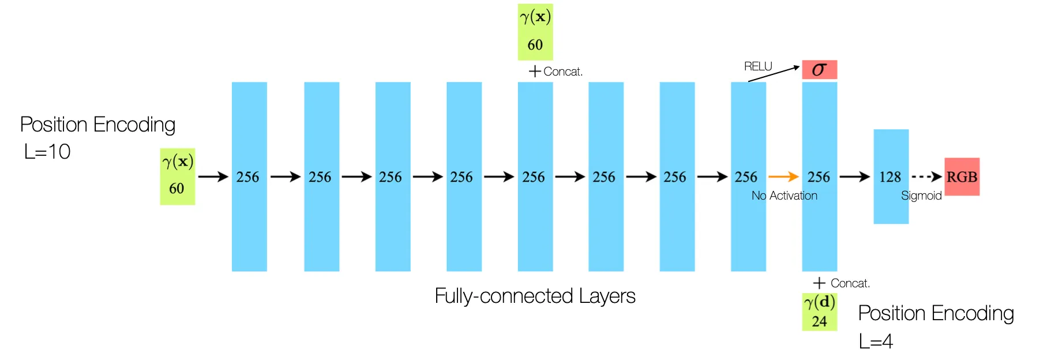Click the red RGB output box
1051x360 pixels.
point(962,177)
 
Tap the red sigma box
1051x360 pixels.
point(819,70)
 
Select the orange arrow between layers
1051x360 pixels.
point(783,177)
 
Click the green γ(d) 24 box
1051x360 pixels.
point(819,312)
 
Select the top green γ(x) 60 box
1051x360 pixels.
point(535,32)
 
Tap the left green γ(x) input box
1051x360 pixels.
point(177,176)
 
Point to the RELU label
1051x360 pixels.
point(757,66)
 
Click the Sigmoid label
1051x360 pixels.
point(921,196)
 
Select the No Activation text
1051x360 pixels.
point(784,196)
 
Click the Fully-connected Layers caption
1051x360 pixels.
point(535,296)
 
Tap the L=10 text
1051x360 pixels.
point(47,152)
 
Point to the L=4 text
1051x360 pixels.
point(875,342)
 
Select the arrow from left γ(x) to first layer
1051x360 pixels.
point(213,177)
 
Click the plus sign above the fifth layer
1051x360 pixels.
point(535,72)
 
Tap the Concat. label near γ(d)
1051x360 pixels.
point(850,283)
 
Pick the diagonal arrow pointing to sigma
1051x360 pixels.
point(774,74)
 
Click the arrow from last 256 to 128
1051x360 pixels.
point(854,177)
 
